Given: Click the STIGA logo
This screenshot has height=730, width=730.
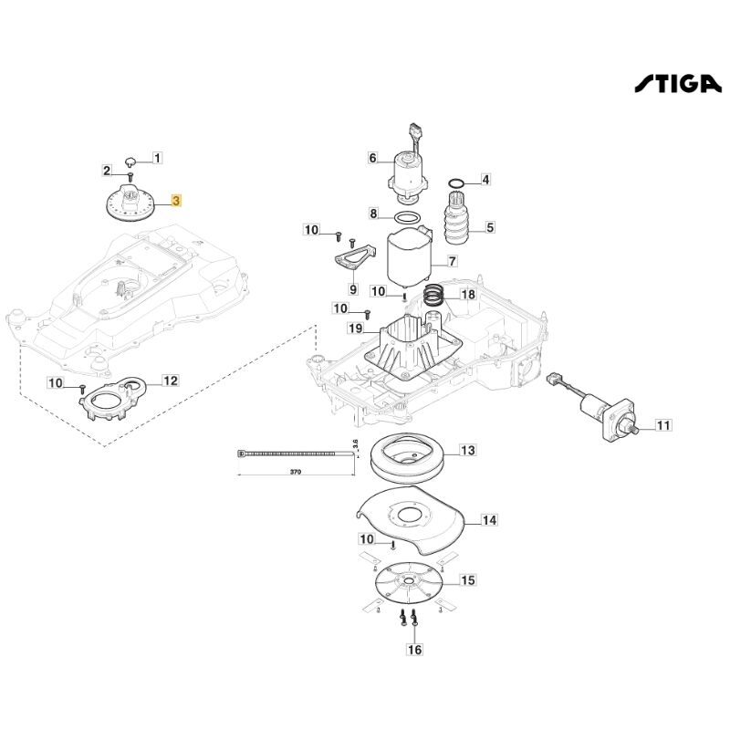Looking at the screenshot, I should [677, 84].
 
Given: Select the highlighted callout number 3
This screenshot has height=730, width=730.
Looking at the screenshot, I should [177, 200].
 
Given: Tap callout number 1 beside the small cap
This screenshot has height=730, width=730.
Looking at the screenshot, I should [157, 158].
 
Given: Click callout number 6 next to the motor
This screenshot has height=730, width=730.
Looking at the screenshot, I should [372, 158].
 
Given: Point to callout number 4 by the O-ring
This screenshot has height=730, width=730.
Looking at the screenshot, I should [485, 180].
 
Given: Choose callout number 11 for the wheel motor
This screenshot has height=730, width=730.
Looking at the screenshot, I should [662, 425].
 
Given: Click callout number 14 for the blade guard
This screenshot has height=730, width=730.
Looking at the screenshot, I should [489, 520].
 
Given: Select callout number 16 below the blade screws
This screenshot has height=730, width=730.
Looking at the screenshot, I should [415, 650].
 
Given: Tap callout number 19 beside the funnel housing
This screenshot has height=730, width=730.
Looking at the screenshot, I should [354, 328].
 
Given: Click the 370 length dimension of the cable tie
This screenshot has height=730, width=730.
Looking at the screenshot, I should [295, 474].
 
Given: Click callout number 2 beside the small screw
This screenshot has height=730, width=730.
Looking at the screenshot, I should [107, 171].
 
